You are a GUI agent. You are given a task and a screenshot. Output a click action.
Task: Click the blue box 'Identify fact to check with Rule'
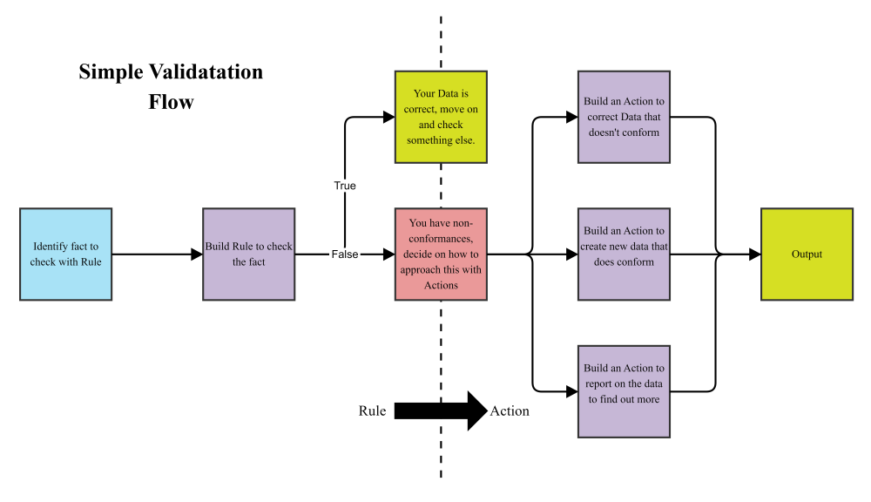pyautogui.click(x=65, y=254)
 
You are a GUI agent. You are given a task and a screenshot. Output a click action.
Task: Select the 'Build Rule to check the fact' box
pyautogui.click(x=248, y=254)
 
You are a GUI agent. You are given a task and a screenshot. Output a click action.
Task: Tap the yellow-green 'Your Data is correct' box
pyautogui.click(x=440, y=117)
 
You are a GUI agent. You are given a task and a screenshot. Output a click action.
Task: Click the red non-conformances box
pyautogui.click(x=440, y=254)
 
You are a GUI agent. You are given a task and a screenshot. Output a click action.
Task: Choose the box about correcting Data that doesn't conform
pyautogui.click(x=624, y=117)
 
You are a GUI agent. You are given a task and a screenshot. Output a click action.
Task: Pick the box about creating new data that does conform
pyautogui.click(x=624, y=254)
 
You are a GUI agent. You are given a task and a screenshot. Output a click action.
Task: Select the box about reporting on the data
pyautogui.click(x=624, y=391)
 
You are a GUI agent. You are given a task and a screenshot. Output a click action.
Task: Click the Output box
pyautogui.click(x=807, y=254)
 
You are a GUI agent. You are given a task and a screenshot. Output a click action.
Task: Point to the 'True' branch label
pyautogui.click(x=345, y=186)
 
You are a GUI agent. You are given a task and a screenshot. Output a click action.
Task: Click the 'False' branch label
pyautogui.click(x=345, y=254)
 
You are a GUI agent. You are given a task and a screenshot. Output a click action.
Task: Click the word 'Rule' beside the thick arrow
pyautogui.click(x=372, y=410)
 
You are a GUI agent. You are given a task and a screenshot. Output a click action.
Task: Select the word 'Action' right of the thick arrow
pyautogui.click(x=510, y=410)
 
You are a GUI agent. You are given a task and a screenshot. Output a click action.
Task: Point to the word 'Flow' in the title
pyautogui.click(x=171, y=101)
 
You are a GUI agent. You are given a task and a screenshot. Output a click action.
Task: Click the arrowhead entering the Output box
pyautogui.click(x=754, y=254)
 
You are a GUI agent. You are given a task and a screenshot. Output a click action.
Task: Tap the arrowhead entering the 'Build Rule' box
pyautogui.click(x=197, y=254)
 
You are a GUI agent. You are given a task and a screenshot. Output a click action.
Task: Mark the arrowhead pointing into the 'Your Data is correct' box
pyautogui.click(x=388, y=117)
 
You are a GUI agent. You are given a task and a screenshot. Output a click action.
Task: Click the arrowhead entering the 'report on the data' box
pyautogui.click(x=572, y=391)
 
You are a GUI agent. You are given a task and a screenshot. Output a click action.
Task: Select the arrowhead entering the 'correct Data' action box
pyautogui.click(x=572, y=117)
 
